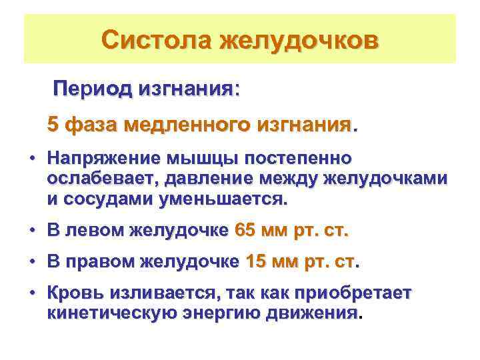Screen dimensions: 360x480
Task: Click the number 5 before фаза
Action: coord(53,125)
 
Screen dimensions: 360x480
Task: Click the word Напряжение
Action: coord(99,160)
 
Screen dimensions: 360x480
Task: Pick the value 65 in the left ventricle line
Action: coord(246,231)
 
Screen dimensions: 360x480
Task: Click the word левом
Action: coord(96,231)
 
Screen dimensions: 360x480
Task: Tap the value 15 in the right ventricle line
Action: coord(256,262)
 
